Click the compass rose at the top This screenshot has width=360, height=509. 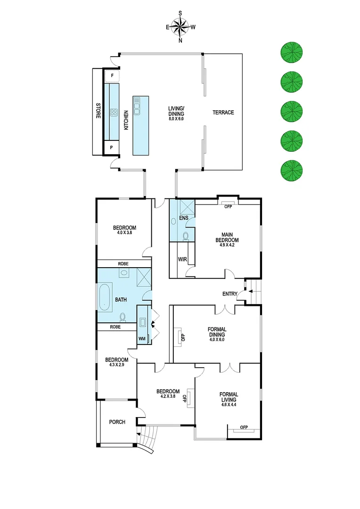180,27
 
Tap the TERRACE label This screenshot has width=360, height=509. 223,113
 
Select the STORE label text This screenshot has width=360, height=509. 98,111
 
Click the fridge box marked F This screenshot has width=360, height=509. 112,75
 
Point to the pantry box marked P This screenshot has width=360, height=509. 112,147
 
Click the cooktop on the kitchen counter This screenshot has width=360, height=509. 114,112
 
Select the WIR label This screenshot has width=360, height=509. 182,259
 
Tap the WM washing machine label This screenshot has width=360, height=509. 141,338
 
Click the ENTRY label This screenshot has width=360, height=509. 230,294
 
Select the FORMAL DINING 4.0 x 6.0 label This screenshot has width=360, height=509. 217,332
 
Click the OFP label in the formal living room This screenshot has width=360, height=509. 244,427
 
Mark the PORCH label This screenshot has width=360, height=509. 117,422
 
